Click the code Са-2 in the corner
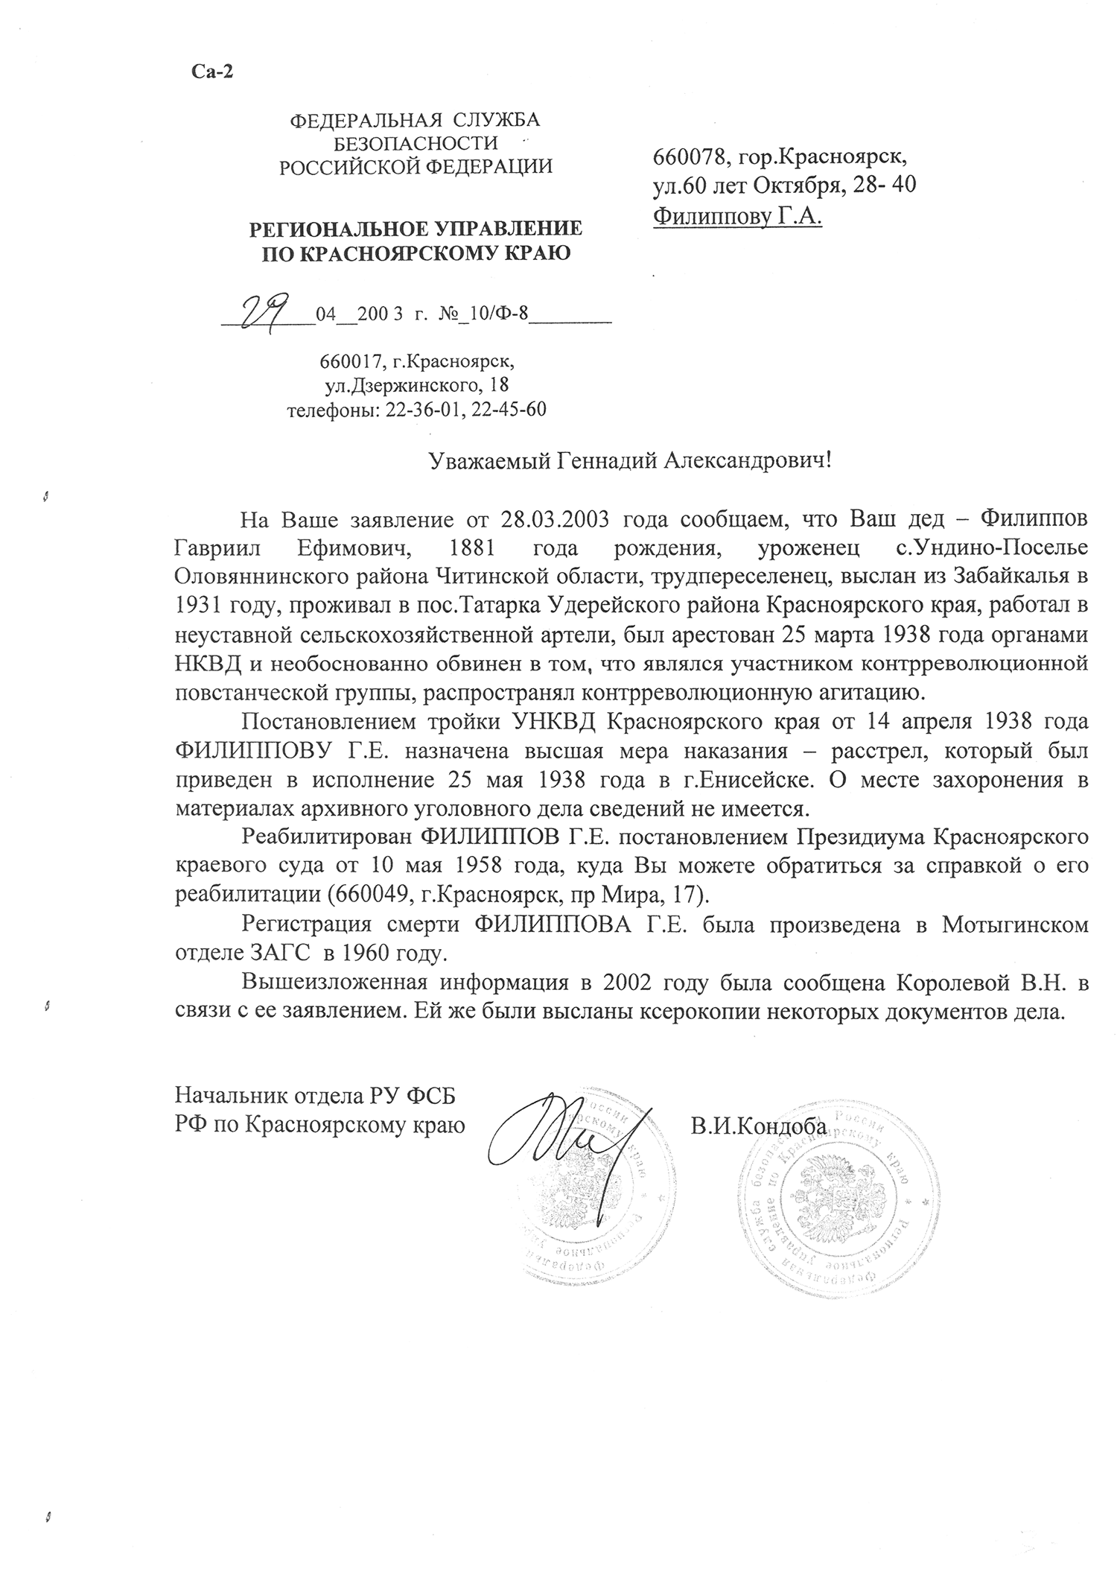click(213, 71)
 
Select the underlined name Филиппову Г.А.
click(737, 217)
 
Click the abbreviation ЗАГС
click(276, 954)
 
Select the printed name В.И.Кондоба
click(757, 1126)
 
